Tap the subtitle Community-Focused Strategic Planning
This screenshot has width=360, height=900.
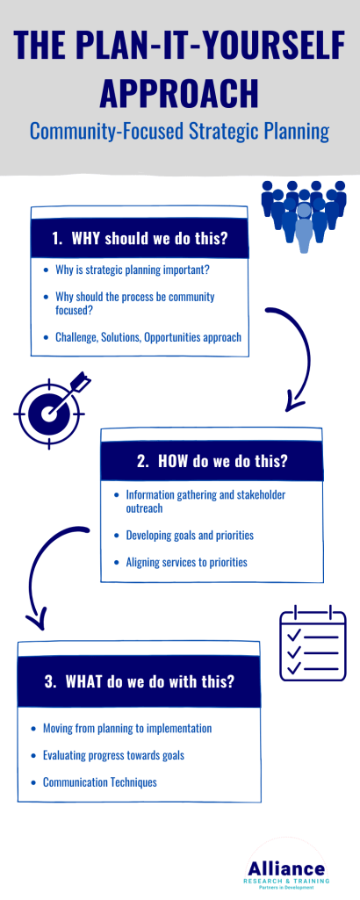[179, 132]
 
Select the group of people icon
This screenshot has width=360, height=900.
[303, 214]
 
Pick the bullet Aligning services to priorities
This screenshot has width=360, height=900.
[186, 562]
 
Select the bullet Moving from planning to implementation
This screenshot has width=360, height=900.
[126, 728]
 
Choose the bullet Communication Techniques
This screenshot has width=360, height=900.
[99, 781]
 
